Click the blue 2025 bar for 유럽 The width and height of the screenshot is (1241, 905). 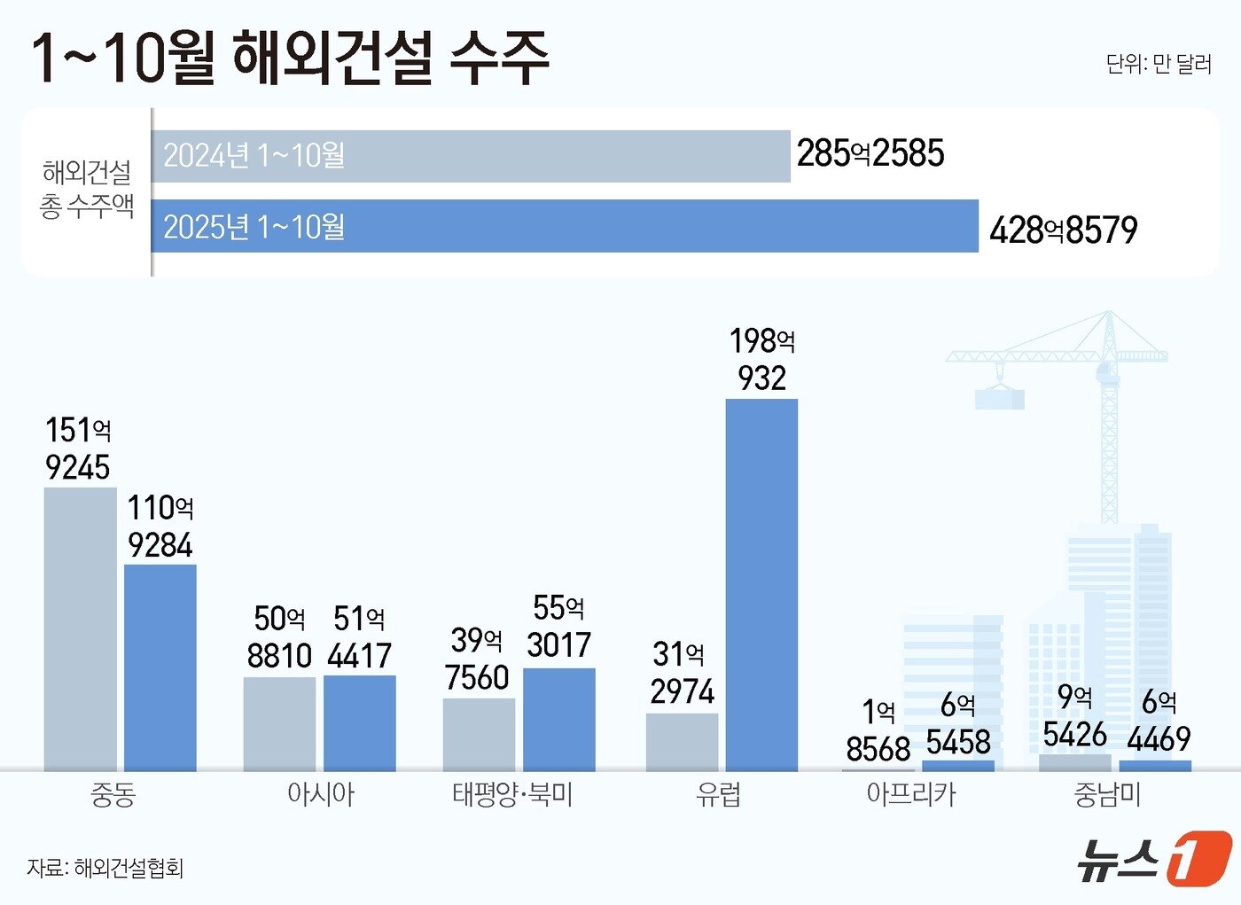click(x=761, y=585)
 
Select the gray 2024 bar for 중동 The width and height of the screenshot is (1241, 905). click(x=80, y=628)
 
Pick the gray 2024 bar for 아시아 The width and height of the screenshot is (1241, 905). click(x=279, y=723)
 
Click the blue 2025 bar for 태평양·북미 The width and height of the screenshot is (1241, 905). click(x=558, y=719)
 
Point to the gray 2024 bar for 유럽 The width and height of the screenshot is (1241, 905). click(x=682, y=741)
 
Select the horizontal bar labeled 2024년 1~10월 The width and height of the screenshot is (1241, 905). click(x=471, y=156)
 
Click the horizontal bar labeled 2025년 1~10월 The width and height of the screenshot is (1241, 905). click(x=565, y=226)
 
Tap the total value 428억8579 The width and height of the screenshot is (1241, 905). click(x=1063, y=230)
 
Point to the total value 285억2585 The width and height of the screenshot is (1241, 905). click(x=870, y=153)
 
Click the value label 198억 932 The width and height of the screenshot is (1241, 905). click(x=761, y=359)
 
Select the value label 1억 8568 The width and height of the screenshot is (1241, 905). click(x=878, y=730)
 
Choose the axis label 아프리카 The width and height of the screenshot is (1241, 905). click(x=910, y=794)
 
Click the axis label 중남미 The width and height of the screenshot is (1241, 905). click(x=1106, y=794)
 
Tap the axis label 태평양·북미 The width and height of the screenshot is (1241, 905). click(x=512, y=794)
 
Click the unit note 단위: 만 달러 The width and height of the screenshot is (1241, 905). click(x=1158, y=64)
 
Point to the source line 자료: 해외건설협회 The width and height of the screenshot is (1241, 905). click(x=105, y=868)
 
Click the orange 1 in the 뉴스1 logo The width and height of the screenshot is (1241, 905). click(x=1198, y=858)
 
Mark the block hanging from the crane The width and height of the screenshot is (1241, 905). click(x=999, y=399)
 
